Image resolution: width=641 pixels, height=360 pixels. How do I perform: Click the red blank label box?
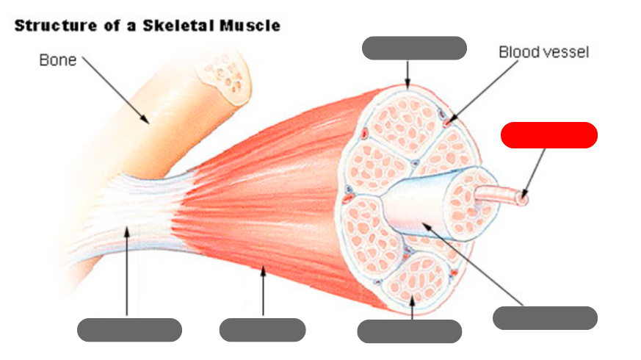click(x=548, y=135)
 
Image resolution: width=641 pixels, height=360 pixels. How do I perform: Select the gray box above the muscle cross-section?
click(x=414, y=48)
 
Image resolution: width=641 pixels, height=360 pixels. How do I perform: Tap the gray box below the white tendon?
click(x=129, y=330)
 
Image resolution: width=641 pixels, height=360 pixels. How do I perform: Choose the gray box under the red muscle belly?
click(x=262, y=330)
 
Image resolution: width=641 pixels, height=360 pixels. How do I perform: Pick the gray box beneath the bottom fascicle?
click(x=409, y=331)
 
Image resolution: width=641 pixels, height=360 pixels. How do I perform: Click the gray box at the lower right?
click(x=544, y=318)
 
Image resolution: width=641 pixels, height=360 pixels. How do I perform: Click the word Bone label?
click(x=58, y=60)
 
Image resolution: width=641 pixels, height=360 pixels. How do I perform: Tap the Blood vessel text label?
click(x=543, y=52)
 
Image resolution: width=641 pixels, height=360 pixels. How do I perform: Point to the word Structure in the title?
click(x=50, y=26)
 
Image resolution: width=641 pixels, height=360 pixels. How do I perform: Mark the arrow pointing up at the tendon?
click(x=127, y=272)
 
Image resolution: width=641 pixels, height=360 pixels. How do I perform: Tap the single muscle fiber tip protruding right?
click(x=522, y=196)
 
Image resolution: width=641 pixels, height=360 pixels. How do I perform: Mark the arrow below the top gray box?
click(x=408, y=74)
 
